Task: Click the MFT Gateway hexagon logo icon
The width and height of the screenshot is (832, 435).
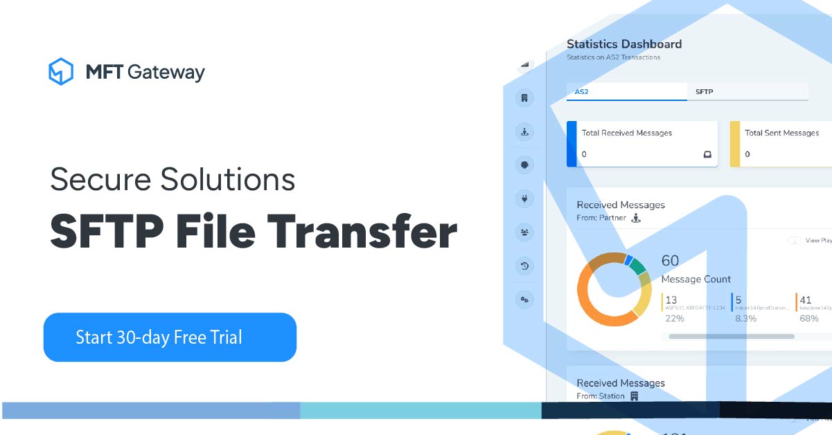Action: click(61, 71)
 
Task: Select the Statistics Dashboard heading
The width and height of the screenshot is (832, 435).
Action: click(624, 44)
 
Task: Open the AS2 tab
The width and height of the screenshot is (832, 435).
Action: click(581, 91)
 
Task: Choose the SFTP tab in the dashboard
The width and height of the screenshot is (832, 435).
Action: click(704, 91)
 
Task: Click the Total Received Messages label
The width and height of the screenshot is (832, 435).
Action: click(626, 133)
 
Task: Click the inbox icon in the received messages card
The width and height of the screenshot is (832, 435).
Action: click(707, 154)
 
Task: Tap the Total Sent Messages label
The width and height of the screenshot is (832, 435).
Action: click(781, 133)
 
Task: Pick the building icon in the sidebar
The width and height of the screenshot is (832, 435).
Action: click(524, 98)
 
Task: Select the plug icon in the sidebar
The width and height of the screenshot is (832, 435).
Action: click(524, 199)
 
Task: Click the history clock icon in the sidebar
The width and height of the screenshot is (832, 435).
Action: click(524, 266)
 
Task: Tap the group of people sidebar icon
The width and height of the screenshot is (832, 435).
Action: click(524, 233)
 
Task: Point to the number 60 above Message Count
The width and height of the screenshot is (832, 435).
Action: click(670, 261)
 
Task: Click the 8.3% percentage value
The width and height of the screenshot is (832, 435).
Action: click(745, 319)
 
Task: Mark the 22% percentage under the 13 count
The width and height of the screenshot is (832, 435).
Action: click(675, 319)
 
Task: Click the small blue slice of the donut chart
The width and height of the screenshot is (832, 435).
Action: click(628, 260)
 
